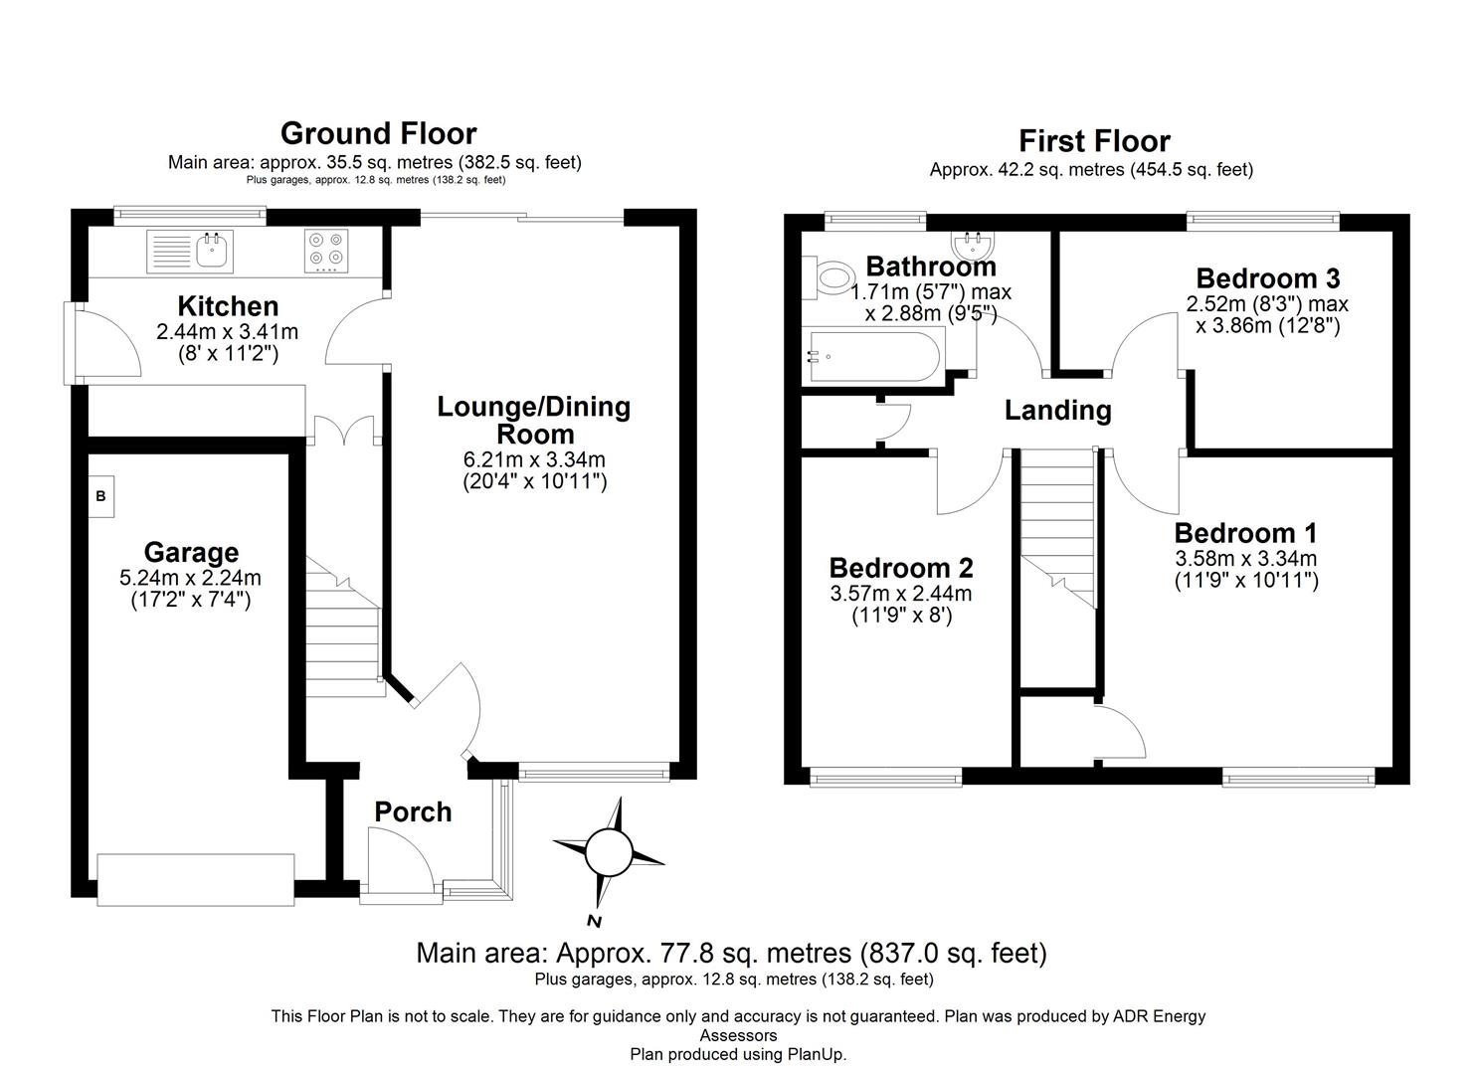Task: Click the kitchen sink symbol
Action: tap(190, 251)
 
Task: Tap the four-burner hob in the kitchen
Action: tap(326, 251)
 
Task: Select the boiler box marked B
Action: tap(101, 495)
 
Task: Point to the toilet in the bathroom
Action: tap(833, 277)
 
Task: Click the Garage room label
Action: tap(191, 552)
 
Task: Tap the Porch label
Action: tap(413, 812)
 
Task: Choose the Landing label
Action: tap(1057, 410)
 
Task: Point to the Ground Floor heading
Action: tap(378, 133)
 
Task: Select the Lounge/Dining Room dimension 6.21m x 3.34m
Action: tap(534, 459)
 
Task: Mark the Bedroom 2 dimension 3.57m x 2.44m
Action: tap(901, 594)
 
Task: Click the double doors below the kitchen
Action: tap(344, 431)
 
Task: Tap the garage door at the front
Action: tap(196, 879)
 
